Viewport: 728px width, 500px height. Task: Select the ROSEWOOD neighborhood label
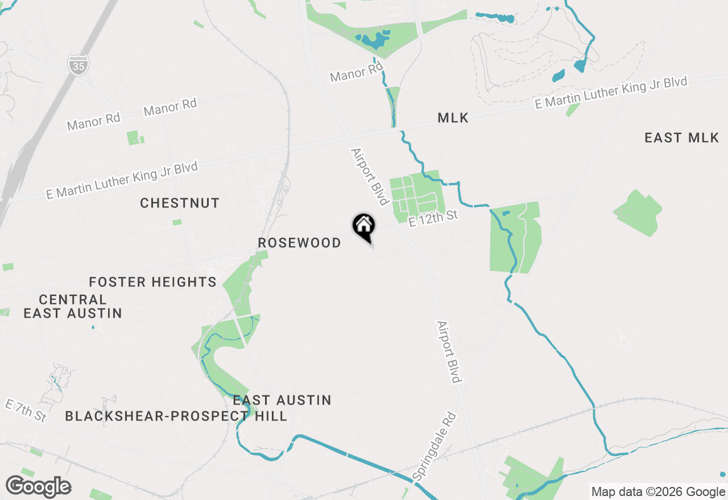click(299, 243)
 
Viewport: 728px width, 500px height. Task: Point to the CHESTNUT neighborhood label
click(180, 203)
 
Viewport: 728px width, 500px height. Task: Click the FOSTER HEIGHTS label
click(153, 282)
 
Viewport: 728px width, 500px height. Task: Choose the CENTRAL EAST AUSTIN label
click(72, 306)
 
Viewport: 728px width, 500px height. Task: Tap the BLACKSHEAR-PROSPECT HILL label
click(176, 416)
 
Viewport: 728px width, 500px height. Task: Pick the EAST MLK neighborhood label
click(681, 137)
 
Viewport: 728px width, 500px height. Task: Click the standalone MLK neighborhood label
click(453, 118)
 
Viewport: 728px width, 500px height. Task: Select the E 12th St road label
click(433, 217)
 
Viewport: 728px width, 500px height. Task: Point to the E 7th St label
click(26, 410)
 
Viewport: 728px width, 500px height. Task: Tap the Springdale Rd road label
click(435, 447)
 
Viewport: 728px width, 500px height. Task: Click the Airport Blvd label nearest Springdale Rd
click(448, 352)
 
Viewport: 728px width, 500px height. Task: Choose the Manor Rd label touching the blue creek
click(357, 73)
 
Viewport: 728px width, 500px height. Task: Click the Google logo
click(38, 486)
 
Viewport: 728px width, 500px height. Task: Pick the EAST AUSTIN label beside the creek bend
click(282, 400)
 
